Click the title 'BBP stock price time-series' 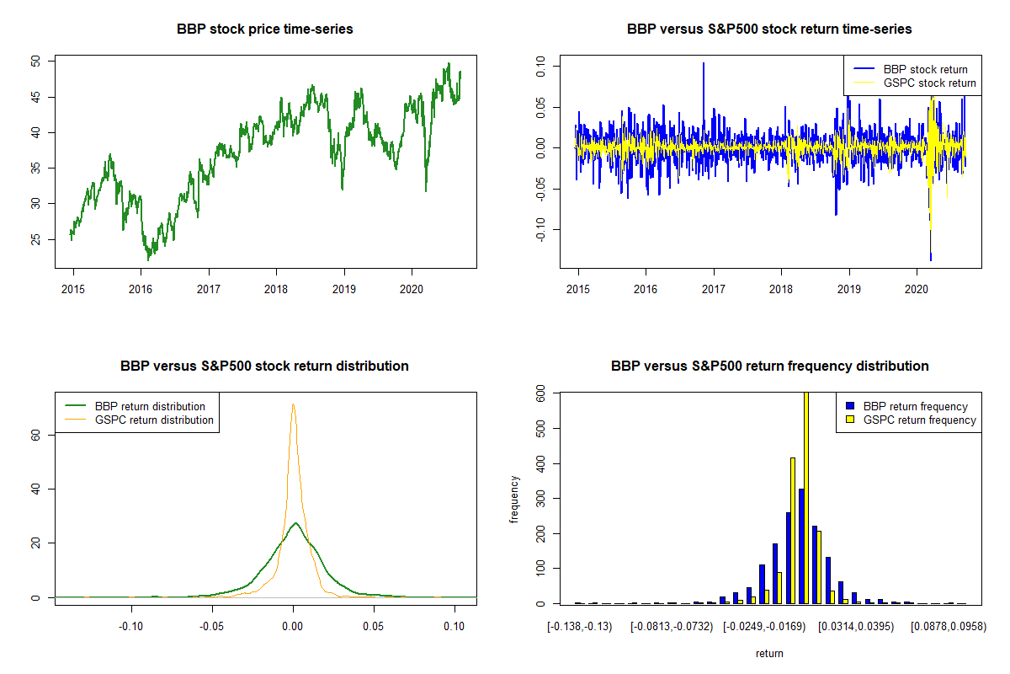(264, 29)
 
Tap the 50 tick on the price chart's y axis (35, 62)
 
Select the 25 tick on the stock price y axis (35, 239)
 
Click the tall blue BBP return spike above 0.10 (704, 67)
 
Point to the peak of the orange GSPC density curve (293, 405)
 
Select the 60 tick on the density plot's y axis (35, 434)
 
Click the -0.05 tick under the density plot (211, 628)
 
